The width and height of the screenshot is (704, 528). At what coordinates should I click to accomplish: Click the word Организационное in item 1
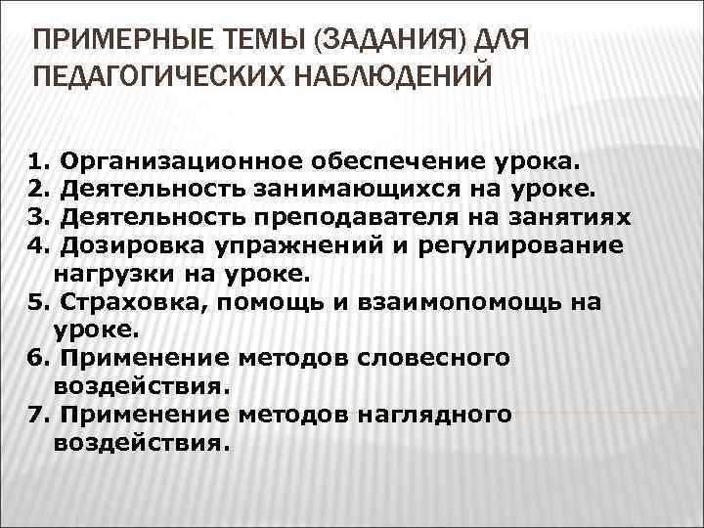(183, 159)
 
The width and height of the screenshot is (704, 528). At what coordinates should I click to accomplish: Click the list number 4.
(37, 243)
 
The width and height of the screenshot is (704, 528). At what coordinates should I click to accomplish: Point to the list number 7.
(37, 415)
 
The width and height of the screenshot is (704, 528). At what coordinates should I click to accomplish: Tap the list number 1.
(37, 159)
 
